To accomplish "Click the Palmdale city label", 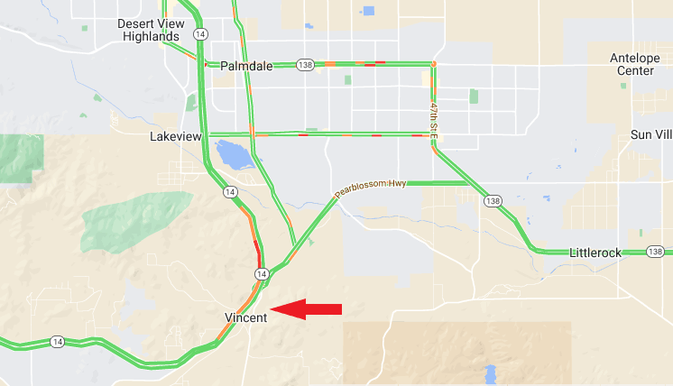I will coord(245,66).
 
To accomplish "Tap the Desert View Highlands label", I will coord(151,30).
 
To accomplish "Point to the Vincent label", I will coord(244,317).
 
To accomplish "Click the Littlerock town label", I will coord(595,253).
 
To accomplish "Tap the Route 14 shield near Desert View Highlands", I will coord(200,33).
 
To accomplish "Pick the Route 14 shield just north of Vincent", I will coord(261,273).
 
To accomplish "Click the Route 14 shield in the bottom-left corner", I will coord(57,341).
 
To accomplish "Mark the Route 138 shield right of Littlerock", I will coord(655,253).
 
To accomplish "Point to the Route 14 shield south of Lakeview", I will coord(231,192).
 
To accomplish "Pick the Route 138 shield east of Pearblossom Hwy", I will coord(492,200).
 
